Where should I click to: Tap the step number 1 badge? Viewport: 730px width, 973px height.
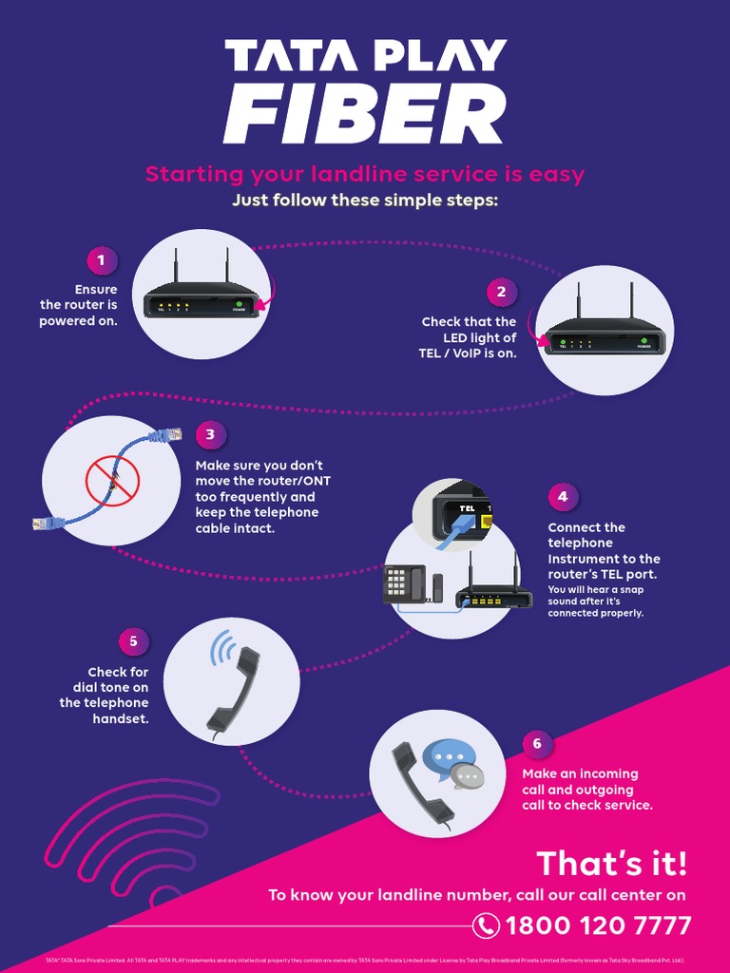[x=102, y=260]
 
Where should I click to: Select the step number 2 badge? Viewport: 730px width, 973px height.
[x=501, y=292]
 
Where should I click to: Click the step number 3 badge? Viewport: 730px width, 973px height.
[x=210, y=435]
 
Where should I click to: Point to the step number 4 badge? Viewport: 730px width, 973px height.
[x=563, y=496]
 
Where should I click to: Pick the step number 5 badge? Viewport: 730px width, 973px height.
[x=133, y=640]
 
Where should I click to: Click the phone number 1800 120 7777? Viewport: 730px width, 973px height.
[x=598, y=925]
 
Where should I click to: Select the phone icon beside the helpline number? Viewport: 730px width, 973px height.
[x=486, y=925]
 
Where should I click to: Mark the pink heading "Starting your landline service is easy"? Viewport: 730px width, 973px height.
[x=364, y=175]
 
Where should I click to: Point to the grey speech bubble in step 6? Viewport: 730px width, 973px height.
[x=468, y=777]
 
